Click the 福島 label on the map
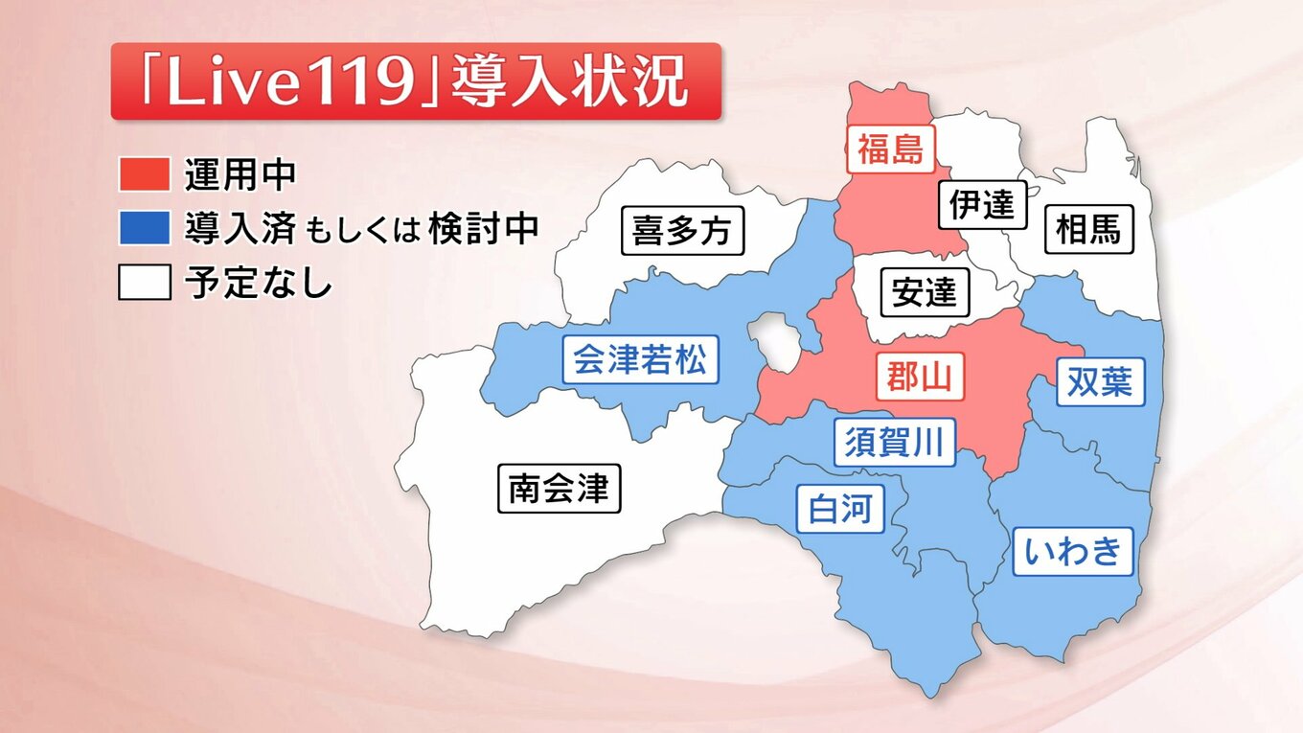coord(890,149)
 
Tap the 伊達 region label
coord(982,204)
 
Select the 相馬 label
coord(1087,230)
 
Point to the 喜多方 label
coord(682,231)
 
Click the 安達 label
coord(924,292)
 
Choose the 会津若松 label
coord(639,360)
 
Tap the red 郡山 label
coord(920,377)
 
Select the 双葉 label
coord(1100,381)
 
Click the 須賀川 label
coord(894,443)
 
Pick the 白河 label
coord(840,508)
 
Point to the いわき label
coord(1073,551)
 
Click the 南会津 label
coord(560,489)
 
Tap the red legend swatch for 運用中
coord(144,174)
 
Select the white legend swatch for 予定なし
coord(144,283)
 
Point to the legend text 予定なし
coord(259,284)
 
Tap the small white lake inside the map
coord(775,342)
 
